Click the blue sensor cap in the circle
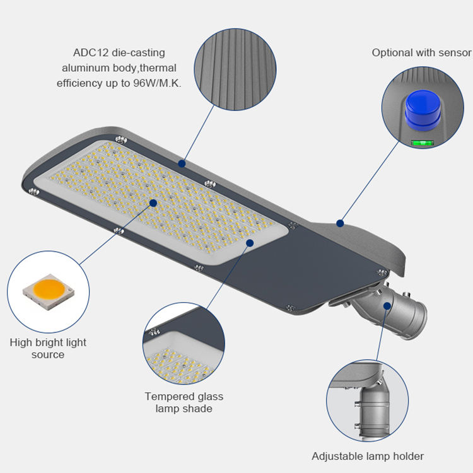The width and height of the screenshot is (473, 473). click(x=423, y=111)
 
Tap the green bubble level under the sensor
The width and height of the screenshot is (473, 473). click(x=423, y=143)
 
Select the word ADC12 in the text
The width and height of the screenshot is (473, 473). click(x=90, y=53)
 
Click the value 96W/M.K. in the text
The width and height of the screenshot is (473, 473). click(x=157, y=83)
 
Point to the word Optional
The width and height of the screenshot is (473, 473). click(x=392, y=53)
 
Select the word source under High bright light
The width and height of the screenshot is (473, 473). click(x=48, y=354)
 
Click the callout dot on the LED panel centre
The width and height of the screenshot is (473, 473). click(x=153, y=203)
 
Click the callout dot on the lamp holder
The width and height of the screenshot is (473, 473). click(x=387, y=306)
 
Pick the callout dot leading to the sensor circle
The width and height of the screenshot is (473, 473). click(x=341, y=223)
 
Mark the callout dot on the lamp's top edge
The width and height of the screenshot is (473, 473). click(x=182, y=163)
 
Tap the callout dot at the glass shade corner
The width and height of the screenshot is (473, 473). click(x=250, y=243)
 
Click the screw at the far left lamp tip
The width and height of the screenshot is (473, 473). click(x=34, y=191)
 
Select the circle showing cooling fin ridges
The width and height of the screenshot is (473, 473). click(x=235, y=69)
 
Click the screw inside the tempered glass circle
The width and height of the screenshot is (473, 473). click(x=155, y=332)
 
